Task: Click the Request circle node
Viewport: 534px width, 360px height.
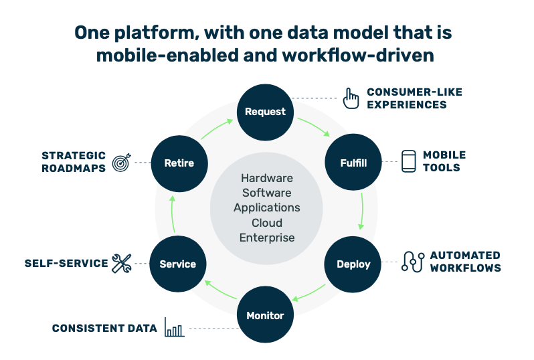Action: click(x=266, y=112)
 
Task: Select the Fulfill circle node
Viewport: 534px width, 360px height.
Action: click(x=353, y=163)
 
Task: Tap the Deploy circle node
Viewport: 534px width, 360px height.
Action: click(x=353, y=264)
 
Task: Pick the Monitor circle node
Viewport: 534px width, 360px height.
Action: click(x=266, y=315)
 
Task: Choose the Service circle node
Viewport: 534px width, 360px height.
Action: click(x=178, y=264)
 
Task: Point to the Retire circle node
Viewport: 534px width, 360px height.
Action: click(x=179, y=163)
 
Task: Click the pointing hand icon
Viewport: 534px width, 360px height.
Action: click(x=351, y=98)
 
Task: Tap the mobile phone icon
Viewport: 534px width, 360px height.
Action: click(x=408, y=161)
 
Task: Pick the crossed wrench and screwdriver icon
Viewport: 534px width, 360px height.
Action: click(x=122, y=263)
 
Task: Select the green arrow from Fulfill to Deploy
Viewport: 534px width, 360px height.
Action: click(x=361, y=212)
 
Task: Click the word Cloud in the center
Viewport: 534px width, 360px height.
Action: click(x=266, y=222)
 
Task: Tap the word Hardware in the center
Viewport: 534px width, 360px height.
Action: click(x=266, y=178)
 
